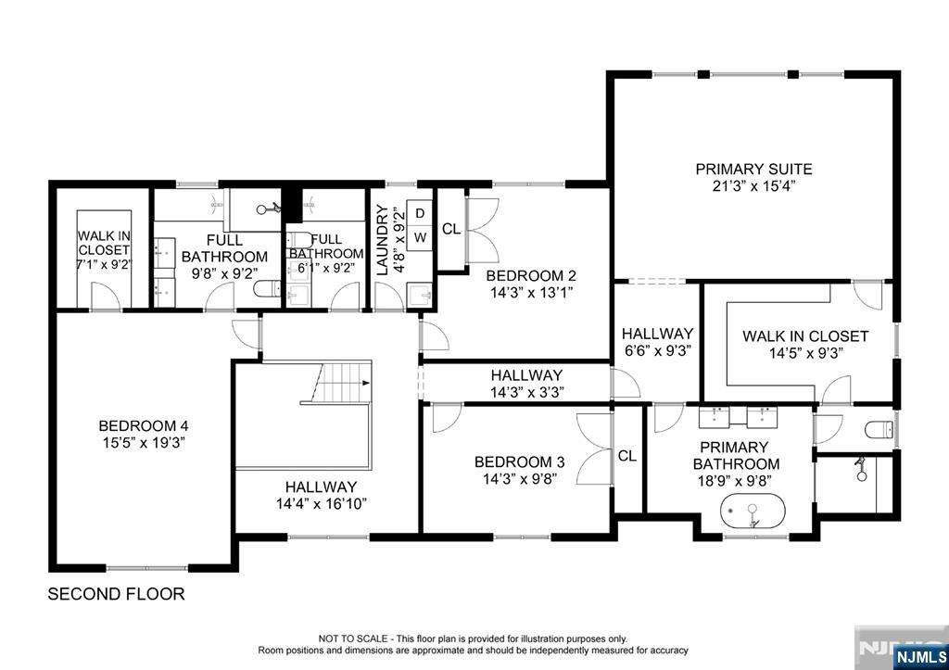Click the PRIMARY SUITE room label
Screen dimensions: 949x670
click(753, 169)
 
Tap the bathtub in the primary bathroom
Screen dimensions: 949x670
click(753, 512)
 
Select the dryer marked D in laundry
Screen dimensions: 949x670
click(420, 214)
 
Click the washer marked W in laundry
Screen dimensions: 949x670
click(420, 237)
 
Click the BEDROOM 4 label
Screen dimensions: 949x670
click(144, 426)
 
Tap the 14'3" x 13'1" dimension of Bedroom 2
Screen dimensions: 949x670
click(531, 293)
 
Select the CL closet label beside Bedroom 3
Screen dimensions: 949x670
click(627, 456)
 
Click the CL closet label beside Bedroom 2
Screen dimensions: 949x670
click(451, 229)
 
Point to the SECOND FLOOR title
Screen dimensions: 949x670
click(116, 594)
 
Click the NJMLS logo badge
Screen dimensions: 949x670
click(918, 656)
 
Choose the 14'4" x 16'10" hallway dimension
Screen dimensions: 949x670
click(322, 503)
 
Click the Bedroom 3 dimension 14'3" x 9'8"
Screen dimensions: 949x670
click(519, 479)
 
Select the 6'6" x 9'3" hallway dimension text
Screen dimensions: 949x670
click(657, 350)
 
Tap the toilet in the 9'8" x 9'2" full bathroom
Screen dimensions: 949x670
click(267, 289)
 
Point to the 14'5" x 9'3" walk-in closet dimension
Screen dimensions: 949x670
click(805, 353)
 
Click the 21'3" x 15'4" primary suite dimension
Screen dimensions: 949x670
click(753, 186)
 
